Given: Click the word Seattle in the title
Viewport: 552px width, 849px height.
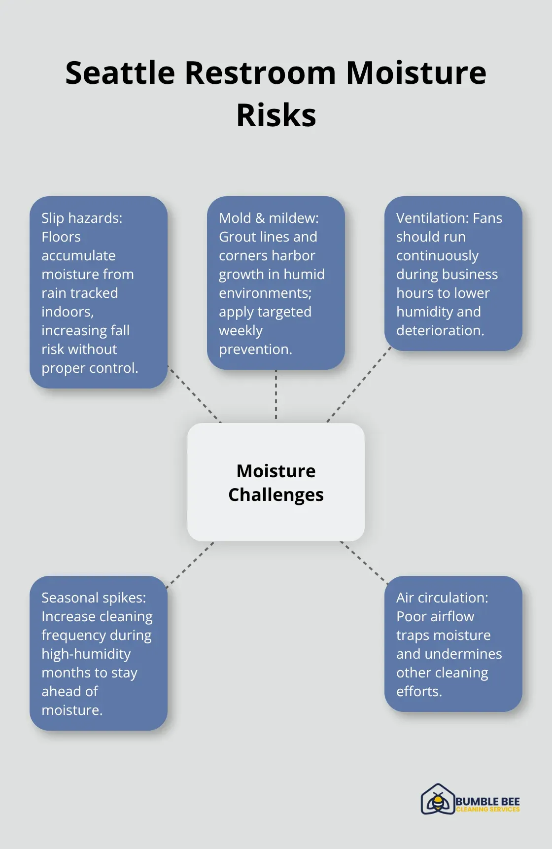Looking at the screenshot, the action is pyautogui.click(x=120, y=73).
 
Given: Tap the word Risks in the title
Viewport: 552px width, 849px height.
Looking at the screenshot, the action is pyautogui.click(x=276, y=115).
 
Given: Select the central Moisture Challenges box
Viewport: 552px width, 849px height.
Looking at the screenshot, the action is pyautogui.click(x=276, y=482).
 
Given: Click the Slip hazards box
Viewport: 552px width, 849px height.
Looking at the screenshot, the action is pyautogui.click(x=99, y=292).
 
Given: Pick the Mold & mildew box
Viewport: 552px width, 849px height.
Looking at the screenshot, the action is pyautogui.click(x=276, y=283).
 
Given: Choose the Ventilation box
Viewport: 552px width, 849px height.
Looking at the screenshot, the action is pyautogui.click(x=453, y=274).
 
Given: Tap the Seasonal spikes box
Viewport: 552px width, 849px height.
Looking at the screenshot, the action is pyautogui.click(x=99, y=653).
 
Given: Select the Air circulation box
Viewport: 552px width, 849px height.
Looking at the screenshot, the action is pyautogui.click(x=453, y=644).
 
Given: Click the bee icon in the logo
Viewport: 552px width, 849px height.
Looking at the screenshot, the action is pyautogui.click(x=437, y=799).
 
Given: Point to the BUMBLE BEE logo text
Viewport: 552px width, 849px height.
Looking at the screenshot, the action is pyautogui.click(x=487, y=802).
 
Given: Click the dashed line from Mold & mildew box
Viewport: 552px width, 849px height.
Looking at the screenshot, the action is pyautogui.click(x=276, y=395).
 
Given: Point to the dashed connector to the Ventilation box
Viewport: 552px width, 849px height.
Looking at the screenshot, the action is pyautogui.click(x=359, y=384).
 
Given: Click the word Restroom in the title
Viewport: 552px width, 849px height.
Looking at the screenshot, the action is pyautogui.click(x=261, y=73).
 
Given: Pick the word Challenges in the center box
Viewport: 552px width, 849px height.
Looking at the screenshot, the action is pyautogui.click(x=276, y=495).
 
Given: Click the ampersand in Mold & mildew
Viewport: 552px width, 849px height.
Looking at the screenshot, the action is pyautogui.click(x=260, y=218).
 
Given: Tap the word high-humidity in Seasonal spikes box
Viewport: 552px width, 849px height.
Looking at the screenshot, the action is pyautogui.click(x=86, y=654).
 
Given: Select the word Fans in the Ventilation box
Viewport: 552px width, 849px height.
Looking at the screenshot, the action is pyautogui.click(x=487, y=218).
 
